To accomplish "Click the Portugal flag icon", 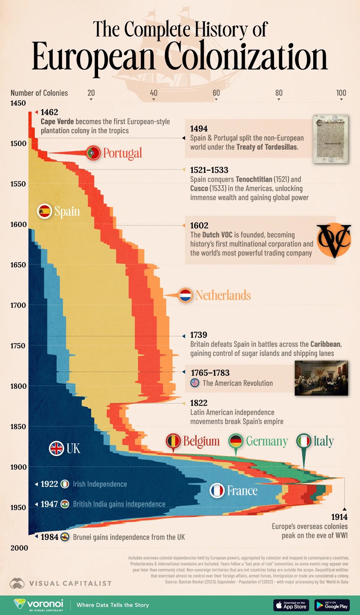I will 93,153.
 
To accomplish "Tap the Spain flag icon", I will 45,211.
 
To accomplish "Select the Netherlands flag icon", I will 185,295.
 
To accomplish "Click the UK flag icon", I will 56,448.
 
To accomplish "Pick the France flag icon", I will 217,491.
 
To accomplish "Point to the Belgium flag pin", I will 173,441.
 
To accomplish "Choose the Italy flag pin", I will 303,441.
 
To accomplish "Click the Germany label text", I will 267,441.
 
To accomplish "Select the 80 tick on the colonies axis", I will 279,93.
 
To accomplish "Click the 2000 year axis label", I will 19,548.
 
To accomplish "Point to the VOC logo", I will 334,240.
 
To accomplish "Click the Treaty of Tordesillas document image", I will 330,139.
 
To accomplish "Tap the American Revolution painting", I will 321,378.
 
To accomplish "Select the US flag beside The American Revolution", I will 195,383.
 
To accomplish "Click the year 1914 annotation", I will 339,517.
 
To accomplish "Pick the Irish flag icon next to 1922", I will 65,484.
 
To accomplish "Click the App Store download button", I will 291,605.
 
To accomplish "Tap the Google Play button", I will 332,605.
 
